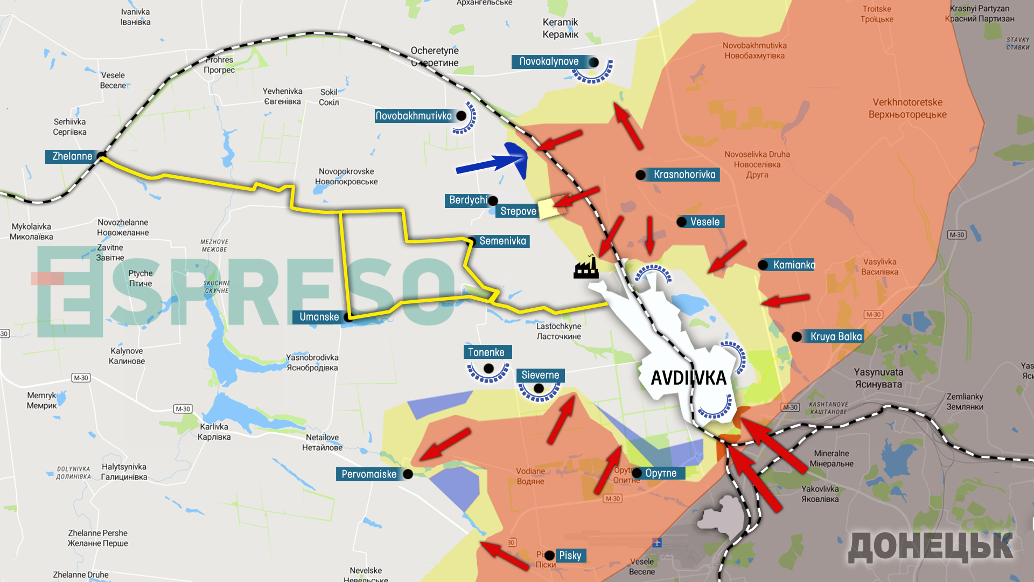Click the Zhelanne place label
pos(72,156)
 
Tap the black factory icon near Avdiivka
pos(586,268)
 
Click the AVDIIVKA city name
pos(688,378)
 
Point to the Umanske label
pos(319,317)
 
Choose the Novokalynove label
pos(549,61)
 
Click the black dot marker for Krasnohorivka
pos(640,175)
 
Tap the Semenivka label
pos(502,241)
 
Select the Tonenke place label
pos(486,352)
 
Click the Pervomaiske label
pos(369,474)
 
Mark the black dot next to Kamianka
pos(763,265)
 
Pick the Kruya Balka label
pos(836,337)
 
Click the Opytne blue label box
pos(661,473)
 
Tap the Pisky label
pos(570,556)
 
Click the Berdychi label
pos(467,200)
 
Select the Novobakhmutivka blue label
pos(414,116)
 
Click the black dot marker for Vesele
pos(681,222)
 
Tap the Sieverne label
pos(540,375)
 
